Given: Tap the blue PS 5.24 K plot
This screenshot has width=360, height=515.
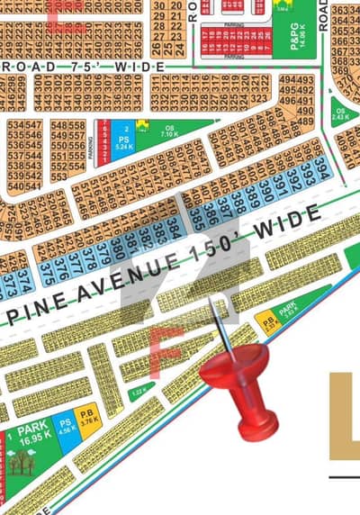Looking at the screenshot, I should pyautogui.click(x=125, y=140).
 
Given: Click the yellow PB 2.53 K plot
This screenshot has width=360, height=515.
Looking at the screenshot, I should pyautogui.click(x=266, y=321).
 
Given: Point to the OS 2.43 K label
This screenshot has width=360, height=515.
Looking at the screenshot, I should pyautogui.click(x=339, y=114).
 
